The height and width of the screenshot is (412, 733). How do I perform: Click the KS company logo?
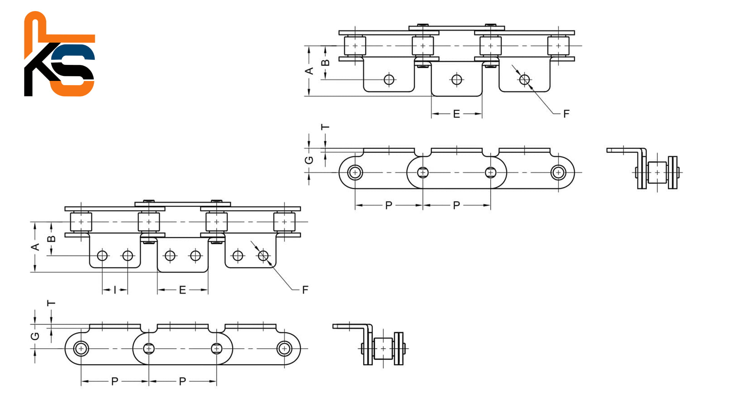(60, 54)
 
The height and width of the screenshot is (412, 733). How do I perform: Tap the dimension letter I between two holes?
(115, 290)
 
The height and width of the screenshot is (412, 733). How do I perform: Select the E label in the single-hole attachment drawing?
(457, 114)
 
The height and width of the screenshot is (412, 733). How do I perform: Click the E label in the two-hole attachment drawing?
(182, 290)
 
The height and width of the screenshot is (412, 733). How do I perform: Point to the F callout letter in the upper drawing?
(567, 114)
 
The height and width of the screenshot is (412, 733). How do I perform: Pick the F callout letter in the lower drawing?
(305, 290)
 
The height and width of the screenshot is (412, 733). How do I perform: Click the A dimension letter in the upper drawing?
(310, 71)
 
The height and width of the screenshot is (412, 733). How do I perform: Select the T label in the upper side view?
(325, 127)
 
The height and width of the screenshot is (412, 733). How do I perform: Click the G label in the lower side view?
(35, 336)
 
